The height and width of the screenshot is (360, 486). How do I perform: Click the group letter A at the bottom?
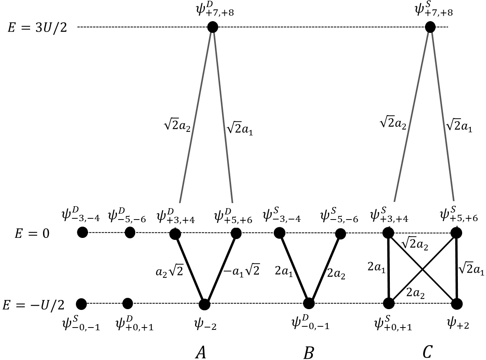tap(200, 352)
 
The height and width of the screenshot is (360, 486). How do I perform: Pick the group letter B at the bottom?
tap(308, 352)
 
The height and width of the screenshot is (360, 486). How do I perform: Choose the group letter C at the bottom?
tap(427, 352)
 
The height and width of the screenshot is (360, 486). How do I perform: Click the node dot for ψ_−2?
tap(204, 304)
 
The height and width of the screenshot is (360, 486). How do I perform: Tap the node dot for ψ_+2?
tap(457, 304)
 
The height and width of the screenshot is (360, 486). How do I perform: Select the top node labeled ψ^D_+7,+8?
tap(212, 27)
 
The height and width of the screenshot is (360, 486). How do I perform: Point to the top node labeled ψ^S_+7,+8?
tap(430, 27)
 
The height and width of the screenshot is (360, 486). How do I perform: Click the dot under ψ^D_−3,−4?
tap(82, 232)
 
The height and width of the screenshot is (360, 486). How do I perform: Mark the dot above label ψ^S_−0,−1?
tap(81, 303)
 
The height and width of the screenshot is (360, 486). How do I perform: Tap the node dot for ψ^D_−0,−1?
tap(308, 303)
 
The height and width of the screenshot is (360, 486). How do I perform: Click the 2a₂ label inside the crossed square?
tap(416, 291)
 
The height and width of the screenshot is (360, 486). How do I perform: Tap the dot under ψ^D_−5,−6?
tap(130, 232)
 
